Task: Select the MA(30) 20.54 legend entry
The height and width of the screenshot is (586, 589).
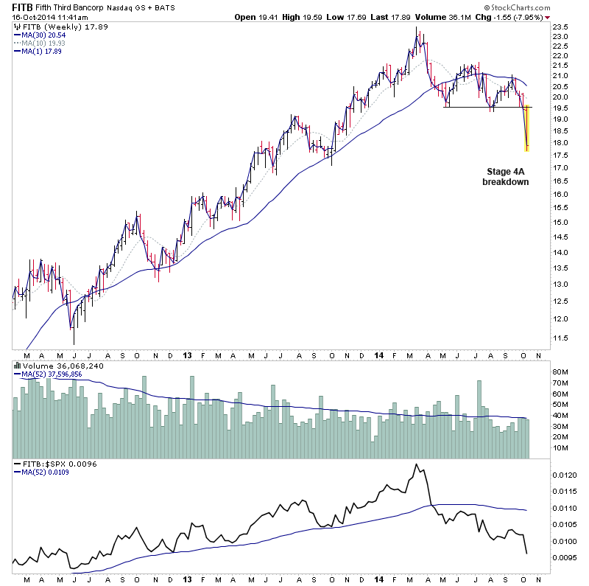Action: click(45, 35)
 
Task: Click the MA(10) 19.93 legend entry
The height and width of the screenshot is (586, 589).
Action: click(45, 43)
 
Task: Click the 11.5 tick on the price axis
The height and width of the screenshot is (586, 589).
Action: click(562, 338)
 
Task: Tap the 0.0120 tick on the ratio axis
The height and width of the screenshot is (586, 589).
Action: click(565, 475)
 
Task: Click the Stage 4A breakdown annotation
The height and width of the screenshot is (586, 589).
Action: click(506, 175)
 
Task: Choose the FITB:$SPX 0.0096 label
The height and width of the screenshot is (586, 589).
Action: click(51, 464)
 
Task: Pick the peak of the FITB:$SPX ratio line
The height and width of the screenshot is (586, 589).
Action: click(417, 464)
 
